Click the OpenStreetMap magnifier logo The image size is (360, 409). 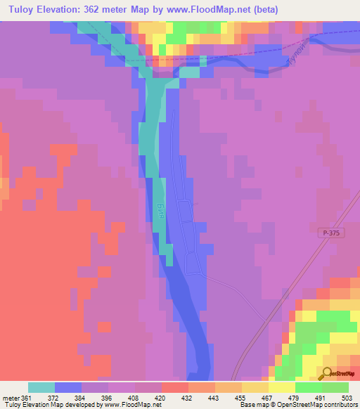coord(328,373)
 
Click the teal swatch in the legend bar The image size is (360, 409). coord(41,387)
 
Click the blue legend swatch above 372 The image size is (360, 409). coord(68,387)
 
